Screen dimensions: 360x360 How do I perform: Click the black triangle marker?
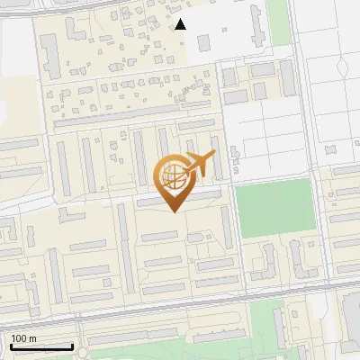click(x=180, y=24)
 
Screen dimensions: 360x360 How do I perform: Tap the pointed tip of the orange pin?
click(x=174, y=211)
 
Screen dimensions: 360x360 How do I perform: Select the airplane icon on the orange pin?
click(x=199, y=164)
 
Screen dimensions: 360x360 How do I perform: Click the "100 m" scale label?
click(x=23, y=338)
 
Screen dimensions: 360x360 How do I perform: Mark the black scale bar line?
click(x=41, y=346)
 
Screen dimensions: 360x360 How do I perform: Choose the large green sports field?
click(x=274, y=207)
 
